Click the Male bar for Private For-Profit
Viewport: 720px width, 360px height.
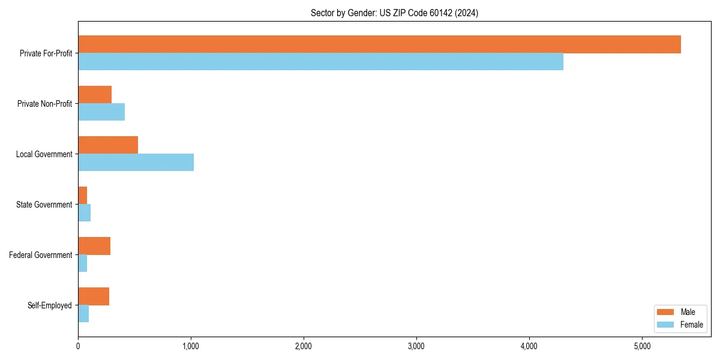(379, 44)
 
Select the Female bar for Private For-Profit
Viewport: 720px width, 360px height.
(320, 62)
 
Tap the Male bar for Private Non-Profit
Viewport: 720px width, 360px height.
(95, 95)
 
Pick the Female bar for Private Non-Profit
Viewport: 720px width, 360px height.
(101, 112)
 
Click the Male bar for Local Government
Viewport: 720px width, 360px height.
(108, 145)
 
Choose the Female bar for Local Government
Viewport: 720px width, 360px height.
(136, 163)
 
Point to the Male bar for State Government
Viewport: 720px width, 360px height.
(83, 196)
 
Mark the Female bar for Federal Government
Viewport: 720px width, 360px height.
(83, 263)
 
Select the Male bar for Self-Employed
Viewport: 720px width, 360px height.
(94, 296)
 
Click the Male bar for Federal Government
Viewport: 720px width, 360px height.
(94, 246)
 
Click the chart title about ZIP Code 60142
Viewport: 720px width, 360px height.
(394, 13)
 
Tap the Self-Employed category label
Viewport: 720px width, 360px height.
(50, 305)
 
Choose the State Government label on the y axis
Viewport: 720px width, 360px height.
(44, 205)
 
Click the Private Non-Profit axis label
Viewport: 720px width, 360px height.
(45, 104)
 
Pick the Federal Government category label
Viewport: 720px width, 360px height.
(41, 255)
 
